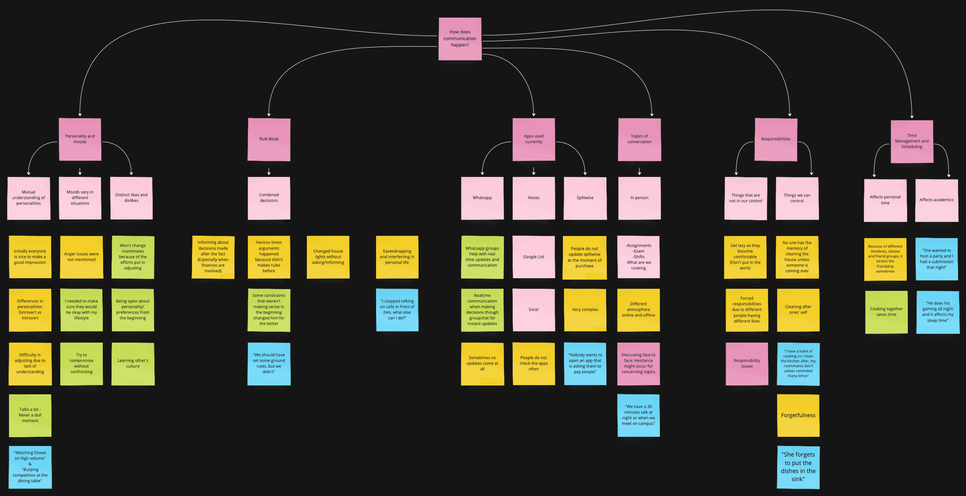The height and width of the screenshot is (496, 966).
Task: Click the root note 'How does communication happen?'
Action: click(x=460, y=39)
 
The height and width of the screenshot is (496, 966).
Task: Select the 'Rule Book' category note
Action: click(x=269, y=139)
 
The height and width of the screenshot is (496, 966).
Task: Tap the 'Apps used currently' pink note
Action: click(x=534, y=139)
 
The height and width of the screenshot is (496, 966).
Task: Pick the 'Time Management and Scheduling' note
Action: click(x=912, y=141)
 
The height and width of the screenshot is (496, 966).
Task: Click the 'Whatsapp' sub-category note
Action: click(x=482, y=198)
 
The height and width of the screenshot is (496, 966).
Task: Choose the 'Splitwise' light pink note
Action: click(x=585, y=198)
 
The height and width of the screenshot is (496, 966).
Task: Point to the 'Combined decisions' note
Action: click(x=269, y=198)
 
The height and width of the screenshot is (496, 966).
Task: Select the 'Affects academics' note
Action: click(x=936, y=200)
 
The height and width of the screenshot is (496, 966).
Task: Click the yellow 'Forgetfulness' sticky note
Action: click(x=798, y=415)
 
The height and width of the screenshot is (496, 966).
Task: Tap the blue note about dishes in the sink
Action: click(x=798, y=467)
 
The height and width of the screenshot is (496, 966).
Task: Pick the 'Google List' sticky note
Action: click(x=534, y=257)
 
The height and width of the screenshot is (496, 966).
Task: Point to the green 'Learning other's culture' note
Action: click(x=133, y=363)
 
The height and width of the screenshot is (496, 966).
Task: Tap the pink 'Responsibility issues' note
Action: click(x=747, y=363)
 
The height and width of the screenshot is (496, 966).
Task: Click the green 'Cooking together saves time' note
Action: click(x=886, y=312)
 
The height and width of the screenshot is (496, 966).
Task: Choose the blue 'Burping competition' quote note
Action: click(x=30, y=467)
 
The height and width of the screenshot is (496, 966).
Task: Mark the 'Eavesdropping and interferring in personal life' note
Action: click(x=397, y=257)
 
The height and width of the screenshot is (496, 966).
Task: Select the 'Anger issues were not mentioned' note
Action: click(x=81, y=257)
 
